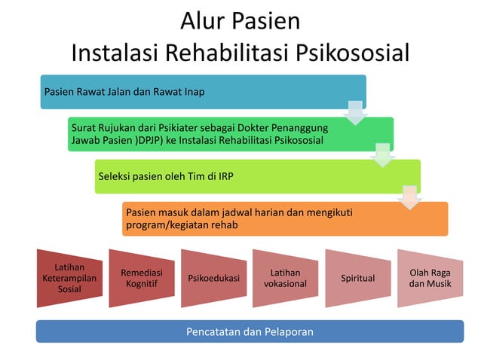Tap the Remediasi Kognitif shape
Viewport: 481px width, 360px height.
pos(142,278)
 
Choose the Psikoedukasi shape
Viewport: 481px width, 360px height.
pos(213,278)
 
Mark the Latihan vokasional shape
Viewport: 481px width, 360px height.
pos(285,278)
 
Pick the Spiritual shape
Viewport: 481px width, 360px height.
pos(357,278)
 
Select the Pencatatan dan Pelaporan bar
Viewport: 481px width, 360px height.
pos(250,331)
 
